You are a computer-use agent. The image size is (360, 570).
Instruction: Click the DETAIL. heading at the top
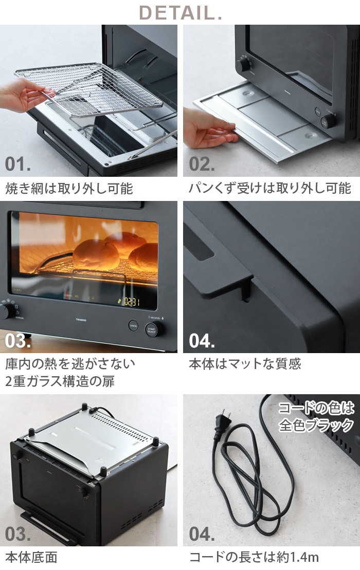(x=181, y=13)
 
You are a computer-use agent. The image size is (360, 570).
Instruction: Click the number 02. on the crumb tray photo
(x=202, y=164)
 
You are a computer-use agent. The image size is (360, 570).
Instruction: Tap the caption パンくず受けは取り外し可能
(x=270, y=188)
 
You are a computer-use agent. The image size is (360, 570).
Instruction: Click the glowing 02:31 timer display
(x=131, y=301)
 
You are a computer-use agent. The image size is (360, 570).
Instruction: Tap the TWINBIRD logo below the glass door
(x=81, y=320)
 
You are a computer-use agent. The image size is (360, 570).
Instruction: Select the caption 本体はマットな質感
(x=245, y=364)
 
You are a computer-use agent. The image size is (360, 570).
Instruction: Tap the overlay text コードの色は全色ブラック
(x=316, y=417)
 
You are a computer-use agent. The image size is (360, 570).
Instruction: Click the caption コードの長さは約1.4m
(x=254, y=557)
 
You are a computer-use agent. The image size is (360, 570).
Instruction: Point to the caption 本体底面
(x=31, y=557)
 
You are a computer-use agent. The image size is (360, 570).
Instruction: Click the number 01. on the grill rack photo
(x=18, y=164)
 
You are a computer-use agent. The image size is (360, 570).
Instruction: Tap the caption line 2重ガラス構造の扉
(x=60, y=381)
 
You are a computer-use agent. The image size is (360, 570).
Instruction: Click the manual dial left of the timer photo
(x=7, y=311)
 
